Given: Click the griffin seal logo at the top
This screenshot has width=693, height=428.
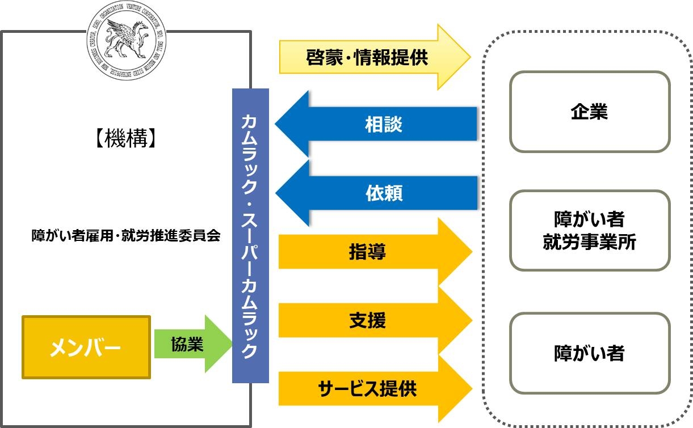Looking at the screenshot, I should pos(125,39).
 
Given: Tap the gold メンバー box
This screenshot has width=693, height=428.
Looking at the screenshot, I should pos(86,347).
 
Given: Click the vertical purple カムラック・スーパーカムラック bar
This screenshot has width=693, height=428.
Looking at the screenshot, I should pos(250,235).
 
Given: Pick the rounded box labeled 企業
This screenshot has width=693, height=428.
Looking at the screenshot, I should pos(589,112).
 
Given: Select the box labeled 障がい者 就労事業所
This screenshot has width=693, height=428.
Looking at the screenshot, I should pos(589,231).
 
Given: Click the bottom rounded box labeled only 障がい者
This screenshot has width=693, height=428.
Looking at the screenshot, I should pos(589,353).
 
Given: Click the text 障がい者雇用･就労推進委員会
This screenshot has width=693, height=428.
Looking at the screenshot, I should pos(125,236).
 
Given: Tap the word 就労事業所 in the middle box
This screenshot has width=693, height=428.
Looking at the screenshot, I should pos(589,243).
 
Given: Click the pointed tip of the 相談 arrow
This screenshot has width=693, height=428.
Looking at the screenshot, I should pos(277,124).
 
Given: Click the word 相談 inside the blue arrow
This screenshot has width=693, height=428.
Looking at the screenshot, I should pos(383,124).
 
